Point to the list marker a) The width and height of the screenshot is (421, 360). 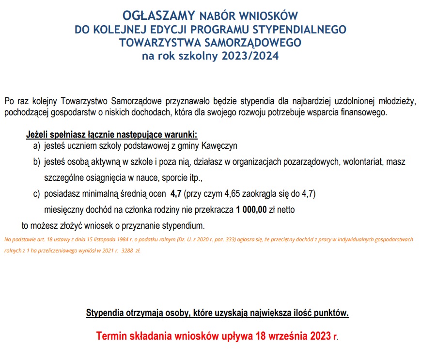tap(36, 145)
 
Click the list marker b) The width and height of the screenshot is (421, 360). tap(36, 161)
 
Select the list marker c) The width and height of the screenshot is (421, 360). tap(36, 195)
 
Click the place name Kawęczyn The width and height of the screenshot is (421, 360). tap(221, 145)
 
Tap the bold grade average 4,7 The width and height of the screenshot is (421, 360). tap(175, 195)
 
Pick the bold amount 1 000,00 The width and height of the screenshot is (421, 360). tap(251, 210)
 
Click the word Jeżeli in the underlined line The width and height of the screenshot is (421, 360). tap(37, 134)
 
